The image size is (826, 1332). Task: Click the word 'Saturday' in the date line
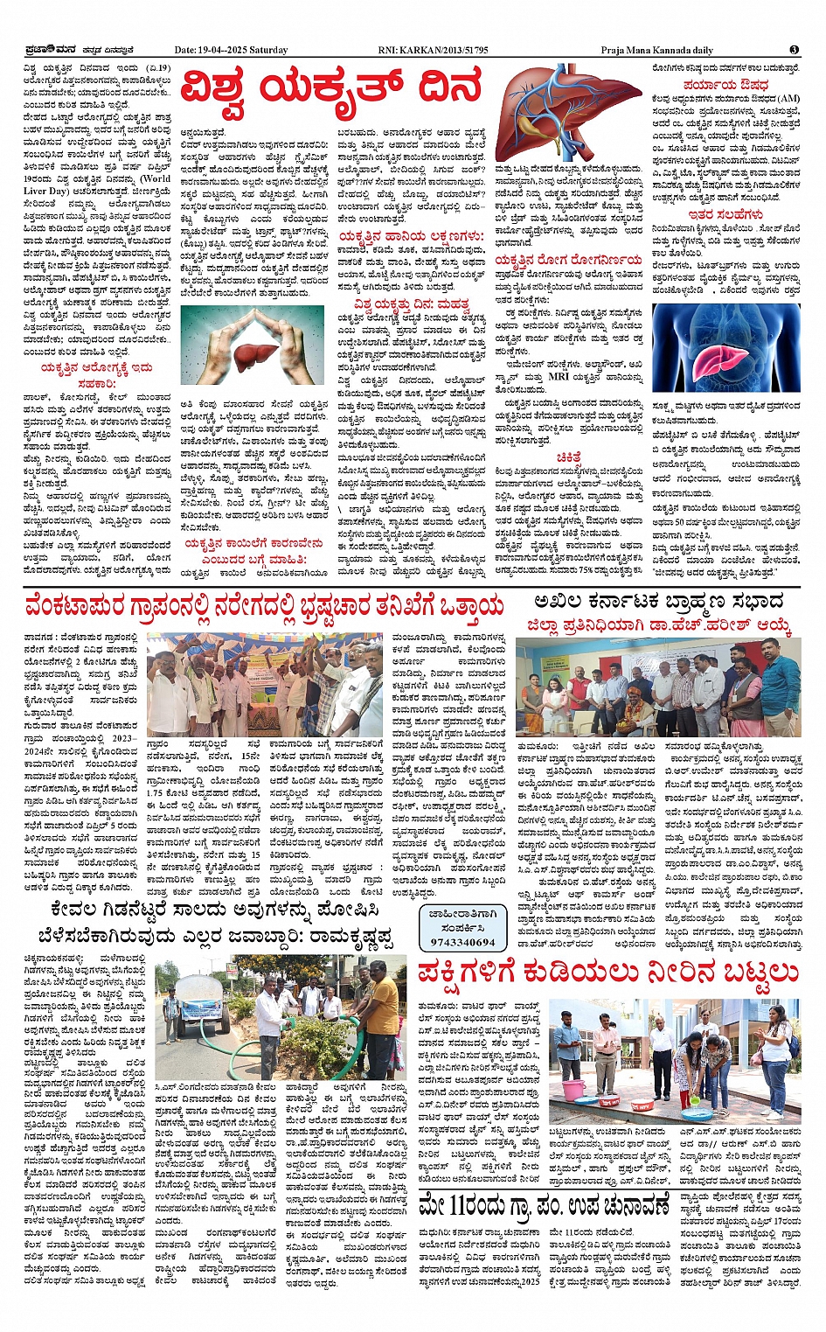[268, 50]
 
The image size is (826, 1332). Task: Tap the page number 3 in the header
[794, 50]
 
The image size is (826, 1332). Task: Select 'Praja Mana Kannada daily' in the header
[656, 50]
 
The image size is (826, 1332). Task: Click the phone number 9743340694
[462, 942]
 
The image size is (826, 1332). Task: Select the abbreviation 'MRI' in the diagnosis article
[559, 376]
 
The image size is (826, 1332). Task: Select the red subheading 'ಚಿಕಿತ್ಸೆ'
[569, 457]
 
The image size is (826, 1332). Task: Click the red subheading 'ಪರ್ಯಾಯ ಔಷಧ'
[725, 86]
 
